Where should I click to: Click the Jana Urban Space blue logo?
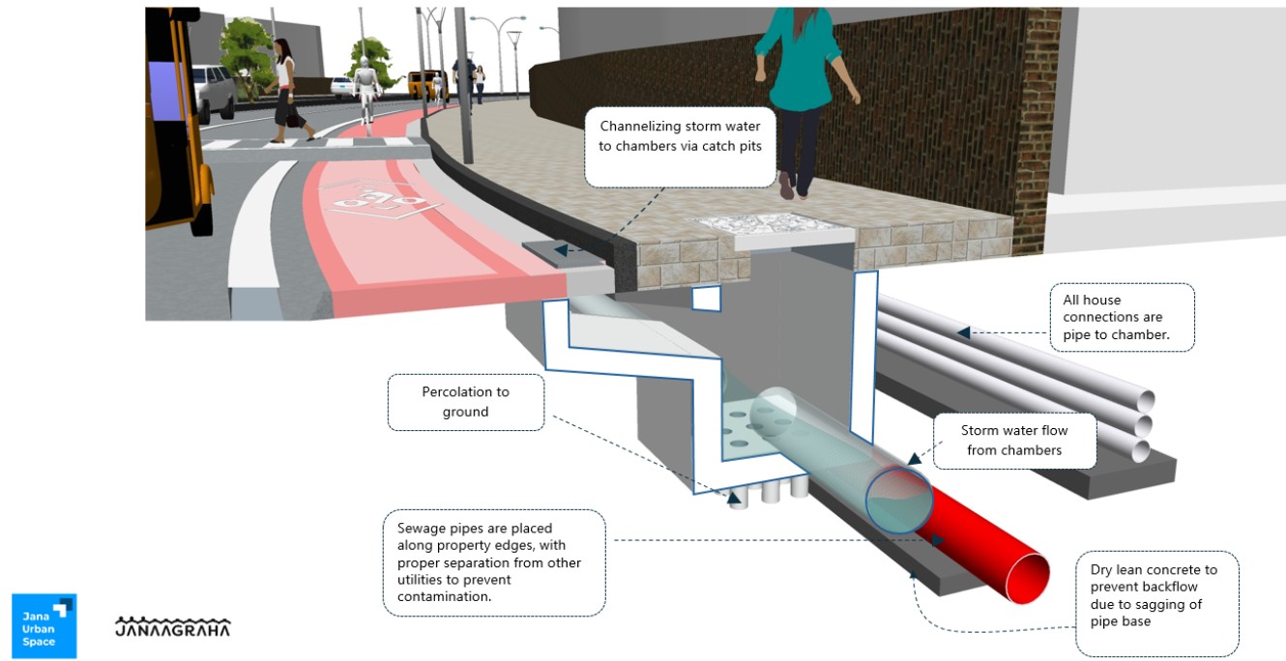tap(44, 625)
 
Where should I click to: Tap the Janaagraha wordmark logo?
tap(173, 627)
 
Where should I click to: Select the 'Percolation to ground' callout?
tap(465, 402)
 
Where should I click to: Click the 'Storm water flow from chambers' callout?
tap(1013, 441)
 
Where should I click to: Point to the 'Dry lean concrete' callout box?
tap(1156, 604)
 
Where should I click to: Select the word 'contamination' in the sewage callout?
tap(440, 597)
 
